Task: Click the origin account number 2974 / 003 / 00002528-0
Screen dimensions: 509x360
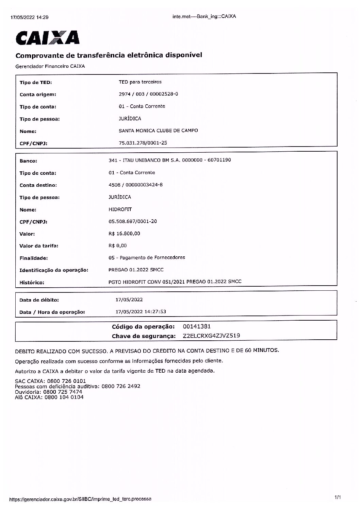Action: (148, 94)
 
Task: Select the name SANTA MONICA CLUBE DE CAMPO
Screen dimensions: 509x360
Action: (158, 131)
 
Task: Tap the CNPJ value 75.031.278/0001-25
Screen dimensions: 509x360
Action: (143, 143)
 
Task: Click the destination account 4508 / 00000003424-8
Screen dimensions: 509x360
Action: (135, 185)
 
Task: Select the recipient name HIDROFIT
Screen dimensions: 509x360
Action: (120, 209)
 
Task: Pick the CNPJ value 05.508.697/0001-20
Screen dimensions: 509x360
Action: (132, 221)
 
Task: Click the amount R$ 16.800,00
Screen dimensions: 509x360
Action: (124, 234)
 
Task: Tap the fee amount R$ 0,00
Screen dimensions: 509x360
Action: (117, 245)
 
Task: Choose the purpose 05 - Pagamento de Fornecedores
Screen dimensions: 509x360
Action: (147, 257)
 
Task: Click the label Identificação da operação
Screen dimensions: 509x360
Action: (54, 270)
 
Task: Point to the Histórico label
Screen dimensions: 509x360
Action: (32, 282)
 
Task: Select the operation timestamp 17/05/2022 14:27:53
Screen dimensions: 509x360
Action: (141, 311)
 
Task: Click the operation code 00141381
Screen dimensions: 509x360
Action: (197, 327)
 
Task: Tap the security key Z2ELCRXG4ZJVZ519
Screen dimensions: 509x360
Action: (211, 336)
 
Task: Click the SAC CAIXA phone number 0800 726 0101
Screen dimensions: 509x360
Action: (65, 381)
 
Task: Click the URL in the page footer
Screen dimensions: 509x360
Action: (80, 499)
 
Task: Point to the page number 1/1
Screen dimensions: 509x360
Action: (338, 497)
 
